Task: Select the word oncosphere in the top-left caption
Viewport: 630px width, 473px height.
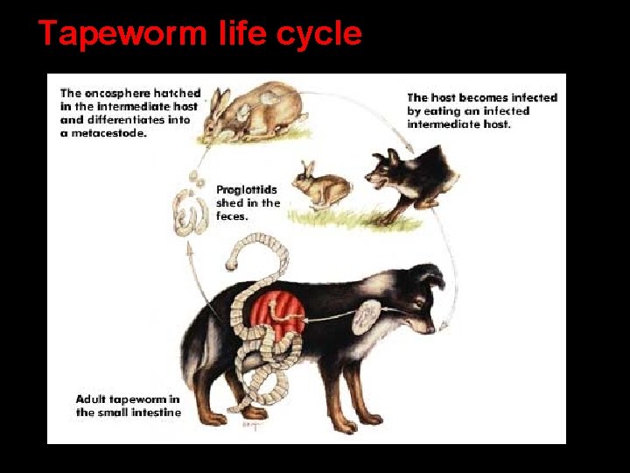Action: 114,93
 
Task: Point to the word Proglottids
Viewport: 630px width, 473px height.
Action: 245,189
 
